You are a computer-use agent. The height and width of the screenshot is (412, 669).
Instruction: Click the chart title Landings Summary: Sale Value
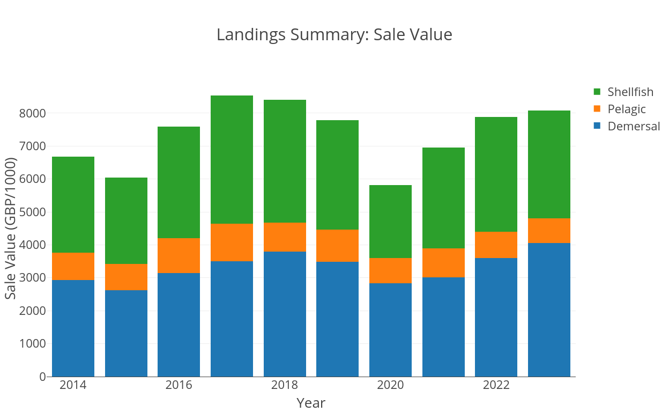pos(334,35)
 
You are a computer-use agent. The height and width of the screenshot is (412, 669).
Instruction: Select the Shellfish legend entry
pos(630,92)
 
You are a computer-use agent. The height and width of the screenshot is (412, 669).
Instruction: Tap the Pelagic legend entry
pos(626,109)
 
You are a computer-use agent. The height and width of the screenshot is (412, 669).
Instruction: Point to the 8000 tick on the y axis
pos(32,114)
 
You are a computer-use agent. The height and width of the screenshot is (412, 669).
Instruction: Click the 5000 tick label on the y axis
pos(32,212)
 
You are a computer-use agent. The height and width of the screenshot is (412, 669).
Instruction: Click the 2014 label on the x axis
pos(73,385)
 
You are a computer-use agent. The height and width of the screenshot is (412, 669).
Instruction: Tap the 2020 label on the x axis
pos(390,385)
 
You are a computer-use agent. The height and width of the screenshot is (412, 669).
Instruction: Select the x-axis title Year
pos(311,403)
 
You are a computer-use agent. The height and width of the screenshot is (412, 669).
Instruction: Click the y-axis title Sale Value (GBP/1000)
pos(11,229)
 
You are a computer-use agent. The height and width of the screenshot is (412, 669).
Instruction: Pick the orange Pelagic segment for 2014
pos(73,266)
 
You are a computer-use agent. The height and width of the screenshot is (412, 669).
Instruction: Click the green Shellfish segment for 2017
pos(232,160)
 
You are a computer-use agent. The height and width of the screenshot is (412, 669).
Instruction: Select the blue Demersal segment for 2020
pos(390,330)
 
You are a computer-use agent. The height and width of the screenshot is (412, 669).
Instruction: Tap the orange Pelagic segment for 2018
pos(285,237)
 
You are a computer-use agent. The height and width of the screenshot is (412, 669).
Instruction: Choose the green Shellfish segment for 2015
pos(126,220)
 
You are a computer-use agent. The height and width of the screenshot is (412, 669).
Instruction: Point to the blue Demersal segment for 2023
pos(549,310)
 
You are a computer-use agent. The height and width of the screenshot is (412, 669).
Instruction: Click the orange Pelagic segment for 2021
pos(443,263)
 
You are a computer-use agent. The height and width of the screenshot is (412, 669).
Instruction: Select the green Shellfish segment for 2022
pos(496,174)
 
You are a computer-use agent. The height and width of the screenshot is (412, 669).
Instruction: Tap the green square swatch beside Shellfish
pos(597,92)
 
